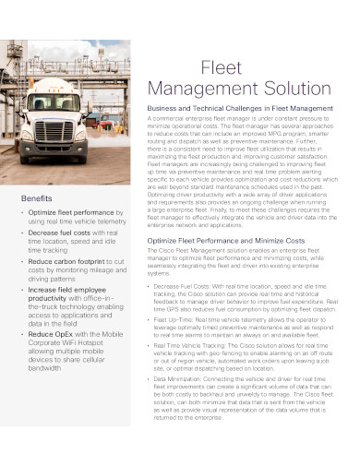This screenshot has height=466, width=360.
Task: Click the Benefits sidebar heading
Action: point(36,199)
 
